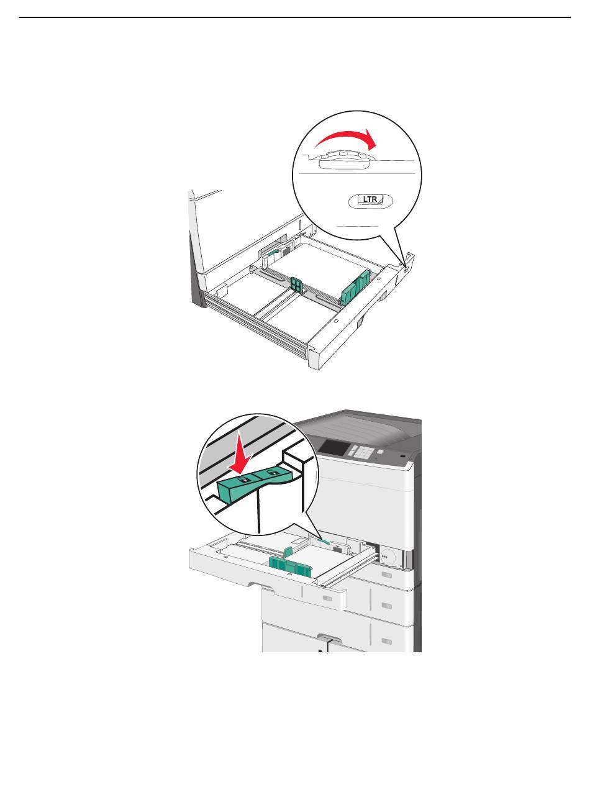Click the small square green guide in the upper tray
(x=297, y=284)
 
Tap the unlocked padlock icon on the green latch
(x=273, y=472)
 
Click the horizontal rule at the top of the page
(x=294, y=17)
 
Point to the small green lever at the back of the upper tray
(x=273, y=253)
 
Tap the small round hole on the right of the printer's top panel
(x=402, y=456)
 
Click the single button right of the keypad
(x=380, y=452)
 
